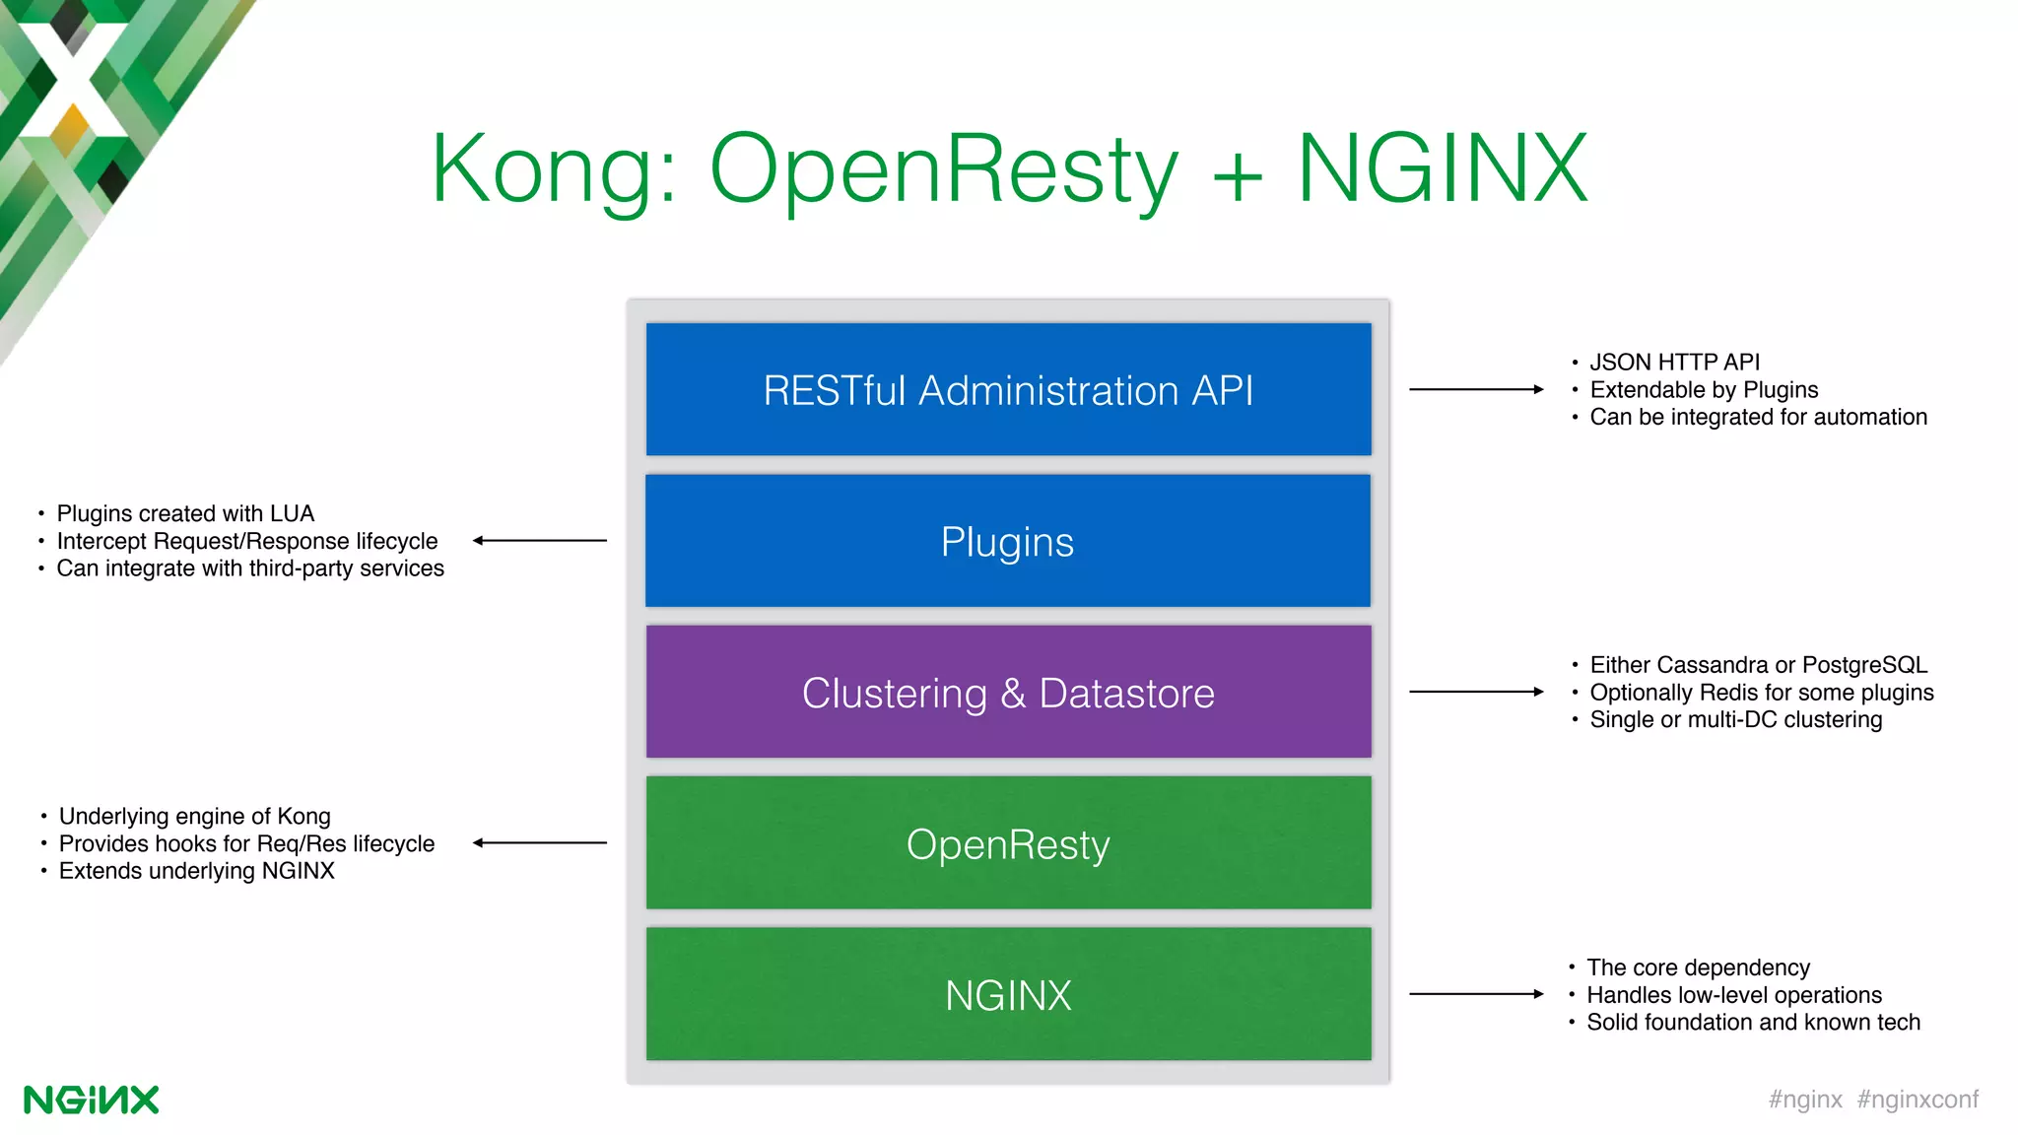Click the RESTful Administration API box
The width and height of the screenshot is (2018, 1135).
(1008, 389)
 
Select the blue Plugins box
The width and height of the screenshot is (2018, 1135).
(1008, 541)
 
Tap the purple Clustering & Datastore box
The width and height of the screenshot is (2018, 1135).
(1008, 692)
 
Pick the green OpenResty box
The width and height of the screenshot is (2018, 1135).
(1008, 843)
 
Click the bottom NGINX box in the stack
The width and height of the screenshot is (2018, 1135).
(1008, 994)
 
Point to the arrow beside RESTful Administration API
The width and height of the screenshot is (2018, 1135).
(1475, 389)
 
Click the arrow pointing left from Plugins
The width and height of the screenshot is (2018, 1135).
(540, 540)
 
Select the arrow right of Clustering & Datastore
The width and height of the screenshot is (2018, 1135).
(1475, 692)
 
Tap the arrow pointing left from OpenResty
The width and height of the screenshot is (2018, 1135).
(540, 842)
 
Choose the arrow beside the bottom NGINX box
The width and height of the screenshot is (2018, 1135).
(1475, 994)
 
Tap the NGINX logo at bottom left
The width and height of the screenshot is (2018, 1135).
(91, 1100)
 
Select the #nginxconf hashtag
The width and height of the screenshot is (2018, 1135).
(1917, 1100)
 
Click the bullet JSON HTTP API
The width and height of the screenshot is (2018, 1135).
(1674, 363)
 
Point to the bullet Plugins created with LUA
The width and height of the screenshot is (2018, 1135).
(185, 513)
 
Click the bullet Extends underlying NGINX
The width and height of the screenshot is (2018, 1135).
(196, 871)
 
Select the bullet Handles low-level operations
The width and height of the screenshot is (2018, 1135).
(1733, 995)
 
